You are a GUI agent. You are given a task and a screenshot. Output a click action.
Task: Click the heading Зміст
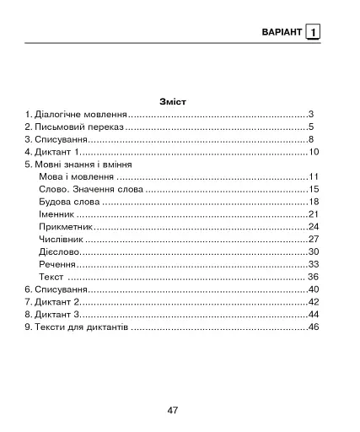tap(172, 100)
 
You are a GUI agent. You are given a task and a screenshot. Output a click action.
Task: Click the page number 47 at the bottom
tap(172, 410)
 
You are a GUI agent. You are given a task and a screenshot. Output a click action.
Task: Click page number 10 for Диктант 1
tap(312, 152)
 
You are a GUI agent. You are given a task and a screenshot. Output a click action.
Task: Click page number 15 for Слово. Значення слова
tap(312, 190)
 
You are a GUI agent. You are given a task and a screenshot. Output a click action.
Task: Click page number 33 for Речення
tap(312, 264)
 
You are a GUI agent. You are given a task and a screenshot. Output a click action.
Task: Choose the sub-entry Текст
tap(51, 277)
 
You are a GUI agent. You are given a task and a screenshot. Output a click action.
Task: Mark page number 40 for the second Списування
tap(312, 289)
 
